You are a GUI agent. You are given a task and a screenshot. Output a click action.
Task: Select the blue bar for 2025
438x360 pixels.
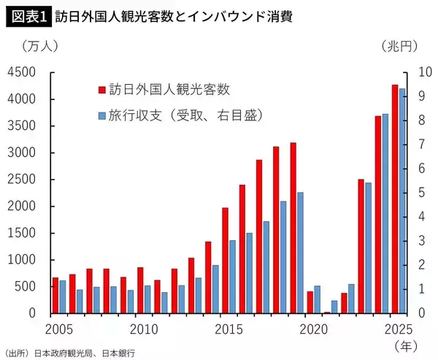pos(402,201)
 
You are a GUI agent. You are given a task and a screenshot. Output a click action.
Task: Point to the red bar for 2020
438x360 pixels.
pos(310,302)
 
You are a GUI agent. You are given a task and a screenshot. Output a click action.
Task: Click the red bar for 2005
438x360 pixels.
pos(55,295)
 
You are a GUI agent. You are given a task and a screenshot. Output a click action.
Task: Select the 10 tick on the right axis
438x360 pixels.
pos(424,72)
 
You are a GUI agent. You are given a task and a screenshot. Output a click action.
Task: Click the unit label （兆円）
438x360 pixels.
pos(399,46)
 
